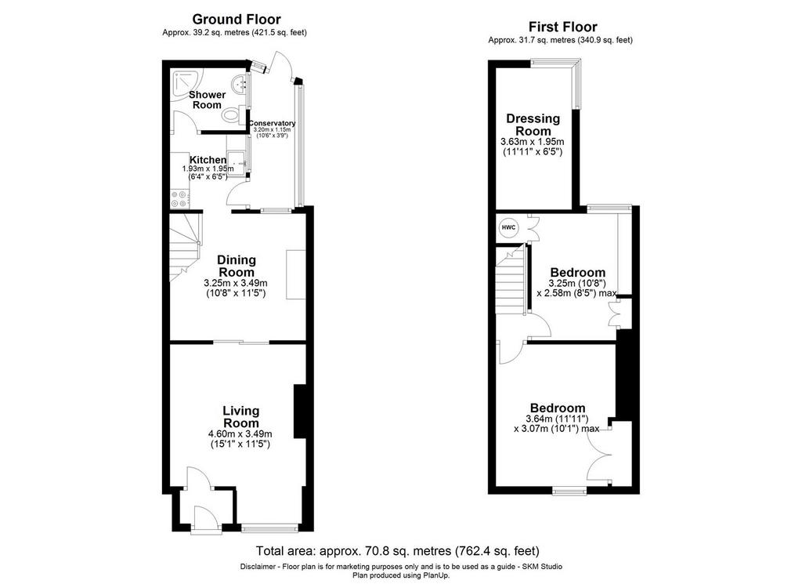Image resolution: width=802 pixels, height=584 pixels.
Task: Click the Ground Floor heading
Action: coord(237,20)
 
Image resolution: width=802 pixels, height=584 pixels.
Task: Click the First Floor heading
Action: coord(562,27)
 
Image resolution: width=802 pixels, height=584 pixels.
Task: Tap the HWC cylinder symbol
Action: coord(508,227)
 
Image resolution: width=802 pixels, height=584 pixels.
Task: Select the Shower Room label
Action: coord(207,100)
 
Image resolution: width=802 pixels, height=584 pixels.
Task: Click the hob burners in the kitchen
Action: coord(179,198)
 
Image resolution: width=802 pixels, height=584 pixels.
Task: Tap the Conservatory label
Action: coord(272,123)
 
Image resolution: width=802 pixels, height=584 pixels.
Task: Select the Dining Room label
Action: coord(237,267)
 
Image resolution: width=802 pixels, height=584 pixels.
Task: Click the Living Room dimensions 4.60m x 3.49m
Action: coord(240,434)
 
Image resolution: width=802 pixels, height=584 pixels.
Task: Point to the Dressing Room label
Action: coord(533,125)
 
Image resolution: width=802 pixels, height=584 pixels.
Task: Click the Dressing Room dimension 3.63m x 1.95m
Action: coord(533,142)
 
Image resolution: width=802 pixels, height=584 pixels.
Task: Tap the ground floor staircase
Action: coord(185,247)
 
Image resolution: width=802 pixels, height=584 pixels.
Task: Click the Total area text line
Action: coord(397,551)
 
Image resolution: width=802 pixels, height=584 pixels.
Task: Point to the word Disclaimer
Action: coord(258,567)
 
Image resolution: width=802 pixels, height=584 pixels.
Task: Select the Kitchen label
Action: coord(208,160)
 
